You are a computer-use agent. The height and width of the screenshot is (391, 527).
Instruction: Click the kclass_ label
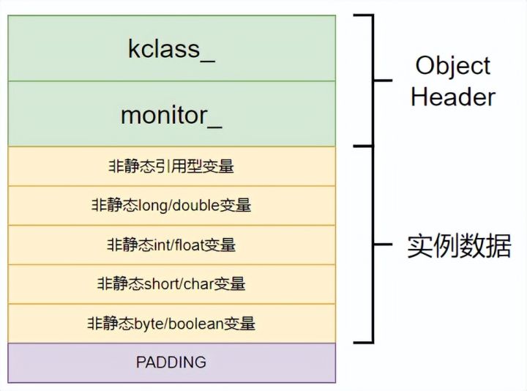click(x=171, y=50)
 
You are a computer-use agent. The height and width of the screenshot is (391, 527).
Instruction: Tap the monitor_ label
click(x=171, y=116)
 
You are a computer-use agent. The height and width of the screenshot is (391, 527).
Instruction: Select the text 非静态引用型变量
click(x=171, y=166)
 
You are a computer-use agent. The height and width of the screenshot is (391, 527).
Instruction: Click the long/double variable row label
click(x=171, y=206)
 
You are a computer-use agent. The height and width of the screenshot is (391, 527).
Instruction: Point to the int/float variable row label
click(x=171, y=245)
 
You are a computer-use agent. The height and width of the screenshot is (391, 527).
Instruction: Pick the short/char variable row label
click(x=171, y=284)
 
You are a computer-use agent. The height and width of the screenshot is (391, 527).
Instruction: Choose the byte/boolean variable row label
click(x=171, y=324)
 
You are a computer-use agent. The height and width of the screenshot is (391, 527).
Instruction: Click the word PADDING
click(x=171, y=362)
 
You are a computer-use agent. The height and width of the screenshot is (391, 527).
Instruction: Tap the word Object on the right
click(x=453, y=67)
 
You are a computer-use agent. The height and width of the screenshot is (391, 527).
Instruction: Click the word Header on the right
click(x=453, y=97)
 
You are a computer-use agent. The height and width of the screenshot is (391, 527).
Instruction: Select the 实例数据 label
click(x=459, y=246)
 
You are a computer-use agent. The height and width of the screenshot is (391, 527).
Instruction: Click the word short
click(x=162, y=284)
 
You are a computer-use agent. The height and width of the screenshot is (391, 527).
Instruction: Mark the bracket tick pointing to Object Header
click(x=383, y=81)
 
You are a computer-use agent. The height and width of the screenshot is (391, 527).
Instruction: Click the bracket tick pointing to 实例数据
click(x=383, y=245)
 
